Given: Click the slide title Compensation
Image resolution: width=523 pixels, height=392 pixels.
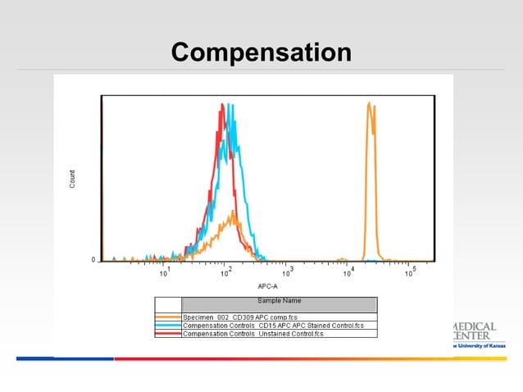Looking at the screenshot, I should pyautogui.click(x=261, y=52).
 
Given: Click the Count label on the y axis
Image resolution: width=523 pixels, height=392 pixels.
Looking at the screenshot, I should pyautogui.click(x=72, y=180).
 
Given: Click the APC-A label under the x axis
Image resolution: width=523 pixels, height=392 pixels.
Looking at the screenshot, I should pyautogui.click(x=268, y=285).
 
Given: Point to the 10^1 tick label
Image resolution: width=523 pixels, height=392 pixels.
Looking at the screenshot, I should pyautogui.click(x=165, y=272).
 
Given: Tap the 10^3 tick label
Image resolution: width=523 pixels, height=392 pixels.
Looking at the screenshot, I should pyautogui.click(x=287, y=272).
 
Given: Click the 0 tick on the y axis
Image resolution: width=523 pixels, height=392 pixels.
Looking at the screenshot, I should pyautogui.click(x=93, y=260).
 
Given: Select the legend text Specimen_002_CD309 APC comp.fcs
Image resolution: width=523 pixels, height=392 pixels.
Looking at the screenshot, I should pyautogui.click(x=246, y=317).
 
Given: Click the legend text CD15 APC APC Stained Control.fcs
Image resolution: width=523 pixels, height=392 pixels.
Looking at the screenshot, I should pyautogui.click(x=279, y=326).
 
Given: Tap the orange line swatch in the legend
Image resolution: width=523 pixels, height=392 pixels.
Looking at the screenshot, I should pyautogui.click(x=168, y=317).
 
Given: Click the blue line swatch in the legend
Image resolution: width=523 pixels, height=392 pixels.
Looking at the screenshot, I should pyautogui.click(x=168, y=326).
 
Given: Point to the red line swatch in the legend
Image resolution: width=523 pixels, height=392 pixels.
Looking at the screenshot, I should pyautogui.click(x=168, y=334).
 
